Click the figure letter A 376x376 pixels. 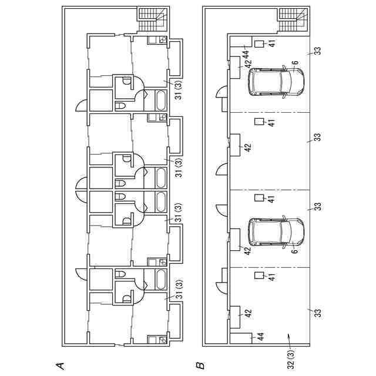pos(59,365)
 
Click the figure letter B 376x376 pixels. pos(200,365)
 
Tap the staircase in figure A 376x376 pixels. pos(152,21)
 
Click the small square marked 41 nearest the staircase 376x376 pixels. pos(259,43)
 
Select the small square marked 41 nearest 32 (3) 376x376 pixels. pos(258,276)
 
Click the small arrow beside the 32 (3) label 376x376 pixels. pos(288,335)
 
